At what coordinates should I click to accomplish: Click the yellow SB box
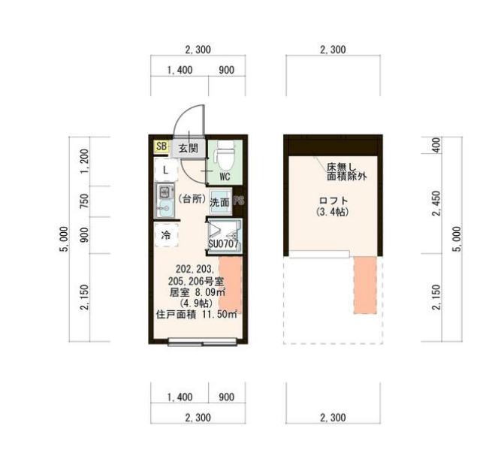click(161, 147)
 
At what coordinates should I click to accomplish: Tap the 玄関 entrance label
click(188, 148)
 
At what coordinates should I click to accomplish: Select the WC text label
click(224, 177)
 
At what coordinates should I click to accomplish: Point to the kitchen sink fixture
click(163, 201)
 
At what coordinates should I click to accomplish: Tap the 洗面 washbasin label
click(219, 202)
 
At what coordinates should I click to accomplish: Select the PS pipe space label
click(239, 201)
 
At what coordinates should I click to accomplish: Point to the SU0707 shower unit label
click(223, 244)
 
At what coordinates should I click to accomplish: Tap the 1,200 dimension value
click(85, 162)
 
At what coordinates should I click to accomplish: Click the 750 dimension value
click(85, 201)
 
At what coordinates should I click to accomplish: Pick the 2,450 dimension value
click(437, 202)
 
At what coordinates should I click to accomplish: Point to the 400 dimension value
click(437, 144)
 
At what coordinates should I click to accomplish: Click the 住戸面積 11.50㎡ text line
click(196, 315)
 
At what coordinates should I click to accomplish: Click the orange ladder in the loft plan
click(365, 284)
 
